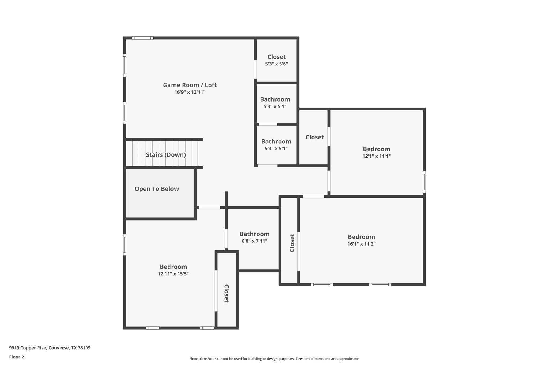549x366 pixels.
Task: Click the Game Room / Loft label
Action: (190, 85)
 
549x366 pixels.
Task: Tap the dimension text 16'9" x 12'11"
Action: (190, 92)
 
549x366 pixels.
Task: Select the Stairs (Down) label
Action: (166, 155)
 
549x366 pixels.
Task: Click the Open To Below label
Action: (157, 189)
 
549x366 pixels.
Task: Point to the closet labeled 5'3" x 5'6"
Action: (276, 60)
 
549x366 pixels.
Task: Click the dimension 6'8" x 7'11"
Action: (254, 241)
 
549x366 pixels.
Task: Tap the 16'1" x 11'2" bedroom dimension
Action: (361, 244)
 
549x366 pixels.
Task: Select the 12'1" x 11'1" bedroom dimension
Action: (376, 156)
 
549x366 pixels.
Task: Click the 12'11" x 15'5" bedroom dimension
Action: (173, 274)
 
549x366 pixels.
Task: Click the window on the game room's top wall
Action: (142, 38)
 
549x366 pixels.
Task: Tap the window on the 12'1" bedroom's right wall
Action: (424, 182)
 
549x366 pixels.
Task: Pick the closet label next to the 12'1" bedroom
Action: (315, 137)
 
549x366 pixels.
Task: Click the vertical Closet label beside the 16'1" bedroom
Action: (292, 243)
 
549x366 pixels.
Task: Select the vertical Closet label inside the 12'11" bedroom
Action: (226, 294)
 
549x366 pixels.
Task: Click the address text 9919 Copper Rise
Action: (50, 348)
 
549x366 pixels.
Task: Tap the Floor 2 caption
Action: (17, 357)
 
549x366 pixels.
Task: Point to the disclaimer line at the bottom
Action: (274, 359)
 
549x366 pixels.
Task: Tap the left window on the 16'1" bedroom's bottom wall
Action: (322, 284)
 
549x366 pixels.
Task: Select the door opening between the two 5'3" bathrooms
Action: (268, 124)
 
